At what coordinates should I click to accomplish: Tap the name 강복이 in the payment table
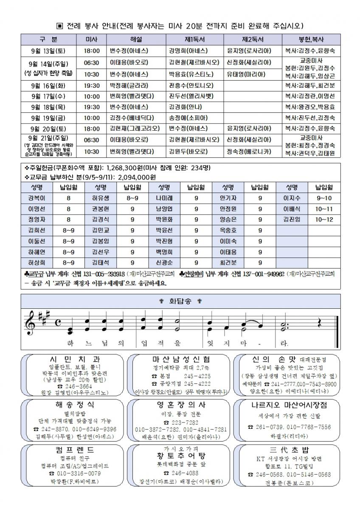pyautogui.click(x=37, y=198)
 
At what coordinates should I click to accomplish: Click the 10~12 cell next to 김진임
pyautogui.click(x=324, y=219)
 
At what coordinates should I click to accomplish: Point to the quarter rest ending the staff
pyautogui.click(x=319, y=324)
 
